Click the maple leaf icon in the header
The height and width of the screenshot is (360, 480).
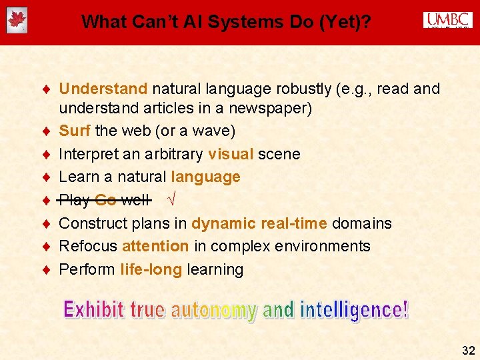17,21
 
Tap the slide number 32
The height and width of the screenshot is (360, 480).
468,350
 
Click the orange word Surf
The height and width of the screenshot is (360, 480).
75,131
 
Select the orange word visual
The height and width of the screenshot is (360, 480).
230,154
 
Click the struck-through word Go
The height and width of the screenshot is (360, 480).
105,200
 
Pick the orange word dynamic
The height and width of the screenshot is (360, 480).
223,223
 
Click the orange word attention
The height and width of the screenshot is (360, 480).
155,246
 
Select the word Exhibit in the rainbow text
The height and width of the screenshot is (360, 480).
93,310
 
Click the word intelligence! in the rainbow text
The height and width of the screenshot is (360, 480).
354,310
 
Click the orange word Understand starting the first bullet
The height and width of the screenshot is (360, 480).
103,89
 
